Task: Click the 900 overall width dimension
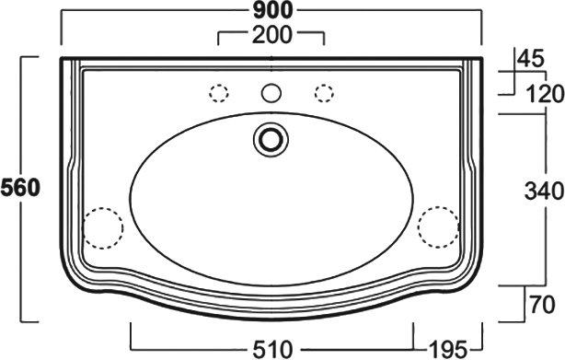point(272,10)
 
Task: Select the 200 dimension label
point(272,35)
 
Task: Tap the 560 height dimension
point(20,189)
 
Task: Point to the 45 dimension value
point(531,58)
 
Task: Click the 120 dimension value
point(545,94)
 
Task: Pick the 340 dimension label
point(544,191)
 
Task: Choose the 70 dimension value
point(542,305)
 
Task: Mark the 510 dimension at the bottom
point(272,350)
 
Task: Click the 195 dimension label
point(448,350)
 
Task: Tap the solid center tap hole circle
point(271,92)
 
